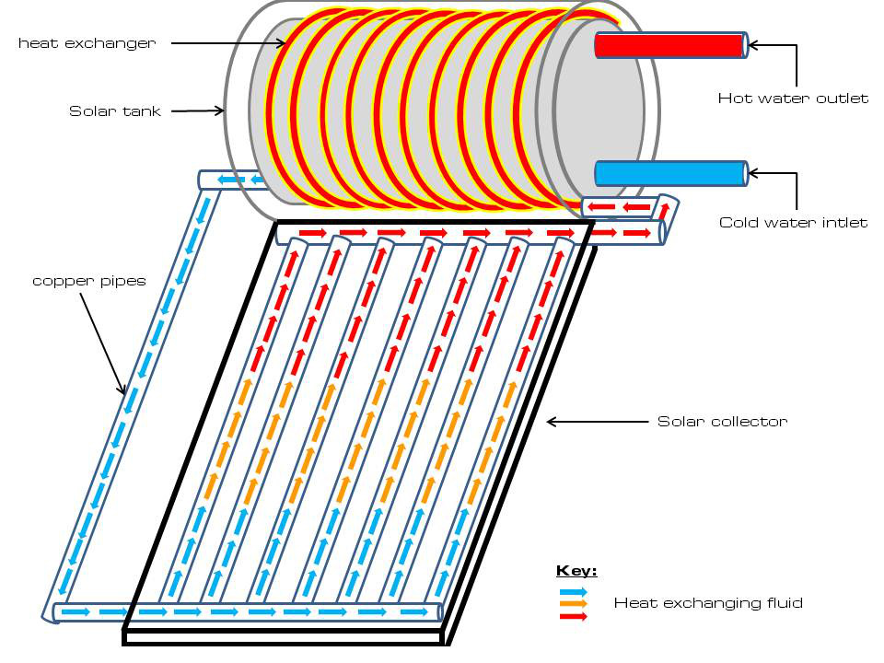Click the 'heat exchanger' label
coord(87,43)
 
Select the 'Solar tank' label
coord(114,111)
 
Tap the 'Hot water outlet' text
coord(793,99)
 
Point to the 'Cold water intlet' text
coord(793,222)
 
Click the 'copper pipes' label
coord(89,281)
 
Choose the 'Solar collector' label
coord(722,422)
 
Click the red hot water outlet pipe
coord(669,45)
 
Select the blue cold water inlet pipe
coord(669,173)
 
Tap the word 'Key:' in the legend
coord(576,572)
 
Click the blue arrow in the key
coord(573,592)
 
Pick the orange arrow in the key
coord(573,604)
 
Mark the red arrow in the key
coord(573,616)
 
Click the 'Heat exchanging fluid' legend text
coord(708,603)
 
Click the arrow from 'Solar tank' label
coord(198,110)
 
